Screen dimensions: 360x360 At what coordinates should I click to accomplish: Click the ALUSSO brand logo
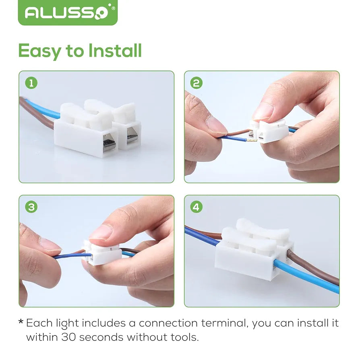pyautogui.click(x=68, y=12)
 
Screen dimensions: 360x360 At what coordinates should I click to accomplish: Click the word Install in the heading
pyautogui.click(x=115, y=50)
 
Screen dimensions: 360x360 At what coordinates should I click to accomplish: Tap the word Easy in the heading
pyautogui.click(x=39, y=52)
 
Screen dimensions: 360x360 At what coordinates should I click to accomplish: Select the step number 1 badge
pyautogui.click(x=31, y=83)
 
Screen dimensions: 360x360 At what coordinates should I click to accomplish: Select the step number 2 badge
pyautogui.click(x=197, y=83)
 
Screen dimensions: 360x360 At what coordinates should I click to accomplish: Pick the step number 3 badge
pyautogui.click(x=31, y=207)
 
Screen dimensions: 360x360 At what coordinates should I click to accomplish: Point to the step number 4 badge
pyautogui.click(x=197, y=207)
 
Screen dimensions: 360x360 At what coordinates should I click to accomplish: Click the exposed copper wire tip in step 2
pyautogui.click(x=251, y=140)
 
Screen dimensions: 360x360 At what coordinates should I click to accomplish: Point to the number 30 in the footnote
pyautogui.click(x=68, y=337)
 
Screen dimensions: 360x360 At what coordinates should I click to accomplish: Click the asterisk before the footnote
pyautogui.click(x=21, y=322)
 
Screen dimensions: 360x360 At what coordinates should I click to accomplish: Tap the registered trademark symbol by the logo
pyautogui.click(x=113, y=8)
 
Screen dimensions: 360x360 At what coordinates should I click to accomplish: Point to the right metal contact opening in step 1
pyautogui.click(x=132, y=137)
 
